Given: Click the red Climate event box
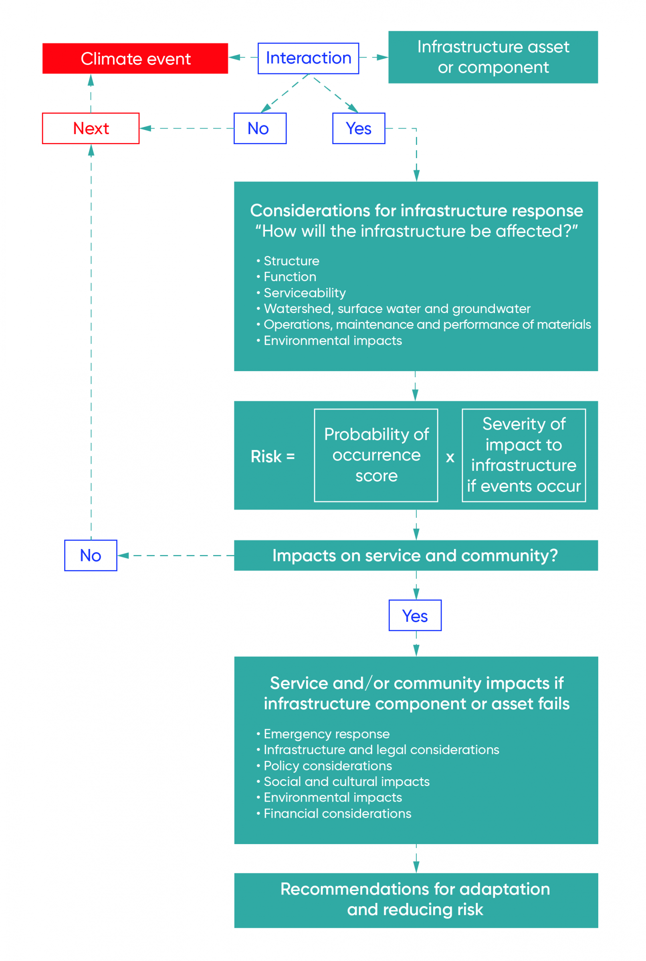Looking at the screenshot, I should [135, 58].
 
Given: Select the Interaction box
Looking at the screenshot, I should [308, 58].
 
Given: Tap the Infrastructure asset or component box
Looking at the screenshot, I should [493, 57].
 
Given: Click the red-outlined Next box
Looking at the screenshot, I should [91, 129].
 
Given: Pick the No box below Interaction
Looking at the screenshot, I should [260, 129].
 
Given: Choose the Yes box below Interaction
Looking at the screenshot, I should [358, 129].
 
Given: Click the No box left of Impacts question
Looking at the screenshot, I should [91, 555].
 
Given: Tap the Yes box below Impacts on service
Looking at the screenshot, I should [415, 615].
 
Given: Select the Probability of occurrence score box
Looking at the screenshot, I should [376, 455].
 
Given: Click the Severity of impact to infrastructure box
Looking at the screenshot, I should [523, 455].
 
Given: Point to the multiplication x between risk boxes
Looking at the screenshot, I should [450, 457].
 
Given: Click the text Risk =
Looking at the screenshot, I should [273, 456].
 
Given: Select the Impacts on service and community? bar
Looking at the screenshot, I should [415, 555].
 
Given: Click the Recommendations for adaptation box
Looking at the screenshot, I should [415, 900].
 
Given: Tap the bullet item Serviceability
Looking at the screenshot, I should [305, 293].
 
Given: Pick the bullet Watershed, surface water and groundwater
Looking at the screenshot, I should [396, 309].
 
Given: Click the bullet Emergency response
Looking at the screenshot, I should [326, 734].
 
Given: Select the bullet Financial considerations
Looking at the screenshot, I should [337, 813].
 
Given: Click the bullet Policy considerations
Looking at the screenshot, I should [327, 766].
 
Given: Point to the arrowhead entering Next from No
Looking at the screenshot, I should [145, 129].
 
